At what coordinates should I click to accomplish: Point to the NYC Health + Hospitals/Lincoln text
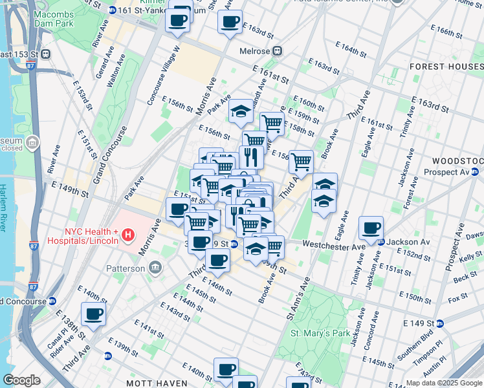(91, 236)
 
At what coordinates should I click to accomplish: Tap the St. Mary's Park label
(320, 333)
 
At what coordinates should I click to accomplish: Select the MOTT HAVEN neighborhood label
(157, 383)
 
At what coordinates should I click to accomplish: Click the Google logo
(21, 380)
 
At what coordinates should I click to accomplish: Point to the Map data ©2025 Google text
(443, 383)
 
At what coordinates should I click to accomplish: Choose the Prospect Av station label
(449, 172)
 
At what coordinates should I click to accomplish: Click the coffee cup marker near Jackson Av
(371, 228)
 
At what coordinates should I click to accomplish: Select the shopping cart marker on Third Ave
(300, 162)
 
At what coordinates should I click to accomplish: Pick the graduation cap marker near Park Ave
(241, 111)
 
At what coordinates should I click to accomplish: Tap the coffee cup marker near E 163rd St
(230, 23)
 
